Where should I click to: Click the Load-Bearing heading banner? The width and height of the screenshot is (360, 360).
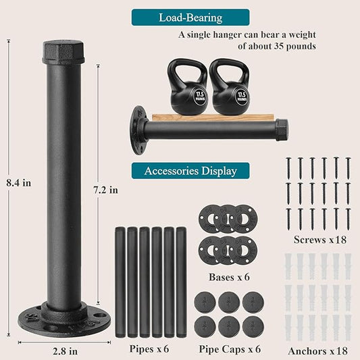coord(190,18)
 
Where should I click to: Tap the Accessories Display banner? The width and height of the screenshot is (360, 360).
coord(190,170)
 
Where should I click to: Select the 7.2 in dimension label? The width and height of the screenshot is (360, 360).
coord(106,190)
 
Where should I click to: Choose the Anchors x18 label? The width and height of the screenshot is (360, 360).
coord(317,350)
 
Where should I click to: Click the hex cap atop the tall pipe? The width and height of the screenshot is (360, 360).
coord(63,52)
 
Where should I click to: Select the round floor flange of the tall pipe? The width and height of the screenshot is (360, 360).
coord(63,319)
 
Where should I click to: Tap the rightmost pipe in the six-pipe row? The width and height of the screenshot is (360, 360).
coord(181,282)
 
